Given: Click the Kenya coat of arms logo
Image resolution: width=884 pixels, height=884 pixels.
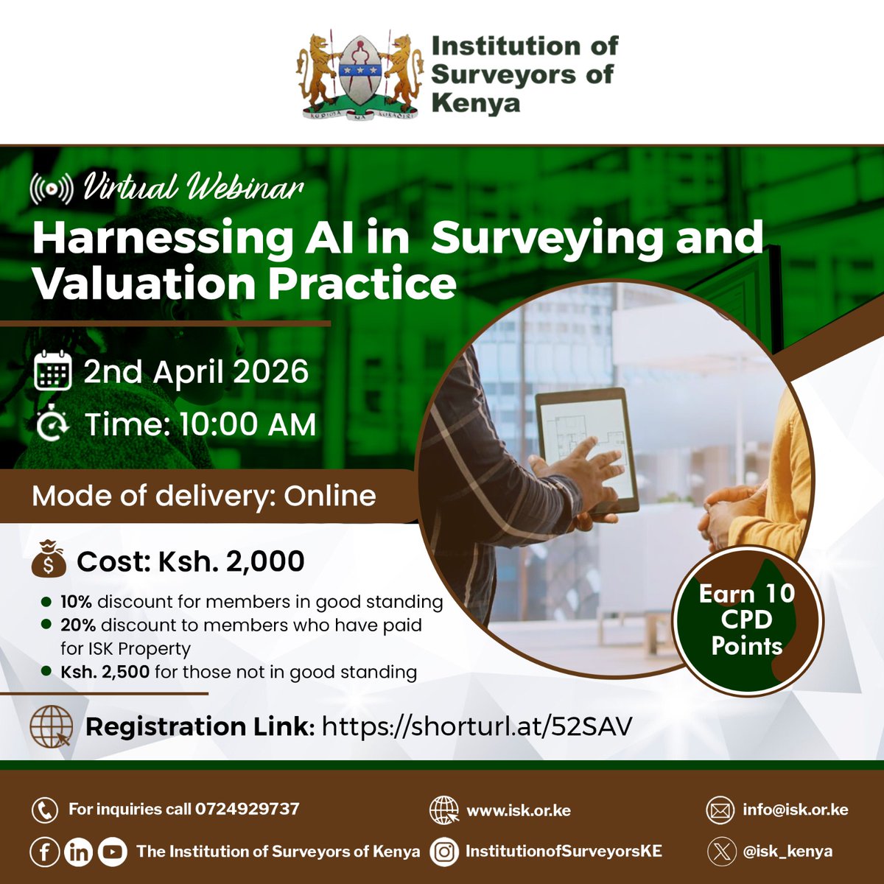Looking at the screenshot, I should click(x=358, y=74).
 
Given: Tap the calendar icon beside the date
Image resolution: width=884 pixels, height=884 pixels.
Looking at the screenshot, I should click(x=53, y=371).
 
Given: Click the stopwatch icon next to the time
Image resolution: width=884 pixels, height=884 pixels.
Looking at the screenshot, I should click(x=52, y=425).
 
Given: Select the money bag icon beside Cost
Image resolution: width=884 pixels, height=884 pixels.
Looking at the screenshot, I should click(x=49, y=561).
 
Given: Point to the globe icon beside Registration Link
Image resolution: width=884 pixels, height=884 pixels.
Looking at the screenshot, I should click(x=51, y=726).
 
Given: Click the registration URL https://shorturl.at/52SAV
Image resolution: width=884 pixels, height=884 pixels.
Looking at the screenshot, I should click(x=477, y=726).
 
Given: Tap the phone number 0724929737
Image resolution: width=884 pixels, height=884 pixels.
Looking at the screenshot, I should click(x=248, y=809).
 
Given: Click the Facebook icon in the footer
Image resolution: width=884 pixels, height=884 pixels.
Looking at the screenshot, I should click(x=45, y=852).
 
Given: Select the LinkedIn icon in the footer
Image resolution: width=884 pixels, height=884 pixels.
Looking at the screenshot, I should click(x=79, y=852).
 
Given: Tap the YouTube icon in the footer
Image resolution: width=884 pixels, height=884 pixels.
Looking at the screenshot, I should click(x=112, y=852).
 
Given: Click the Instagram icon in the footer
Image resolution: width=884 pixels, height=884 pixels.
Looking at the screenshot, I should click(x=444, y=852).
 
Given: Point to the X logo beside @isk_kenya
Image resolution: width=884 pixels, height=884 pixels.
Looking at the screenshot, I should click(x=722, y=852).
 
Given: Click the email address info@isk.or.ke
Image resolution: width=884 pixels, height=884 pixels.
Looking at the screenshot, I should click(x=796, y=810).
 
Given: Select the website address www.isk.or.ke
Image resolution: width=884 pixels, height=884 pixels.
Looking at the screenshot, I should click(x=519, y=810).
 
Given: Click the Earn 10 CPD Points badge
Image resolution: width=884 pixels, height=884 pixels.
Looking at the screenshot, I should click(x=747, y=620).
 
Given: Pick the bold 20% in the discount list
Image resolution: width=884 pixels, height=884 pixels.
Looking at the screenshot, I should click(x=78, y=625).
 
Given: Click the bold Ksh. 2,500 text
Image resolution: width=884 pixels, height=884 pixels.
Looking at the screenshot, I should click(x=105, y=672).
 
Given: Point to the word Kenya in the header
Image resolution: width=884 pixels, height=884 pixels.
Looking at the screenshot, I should click(x=475, y=102).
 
